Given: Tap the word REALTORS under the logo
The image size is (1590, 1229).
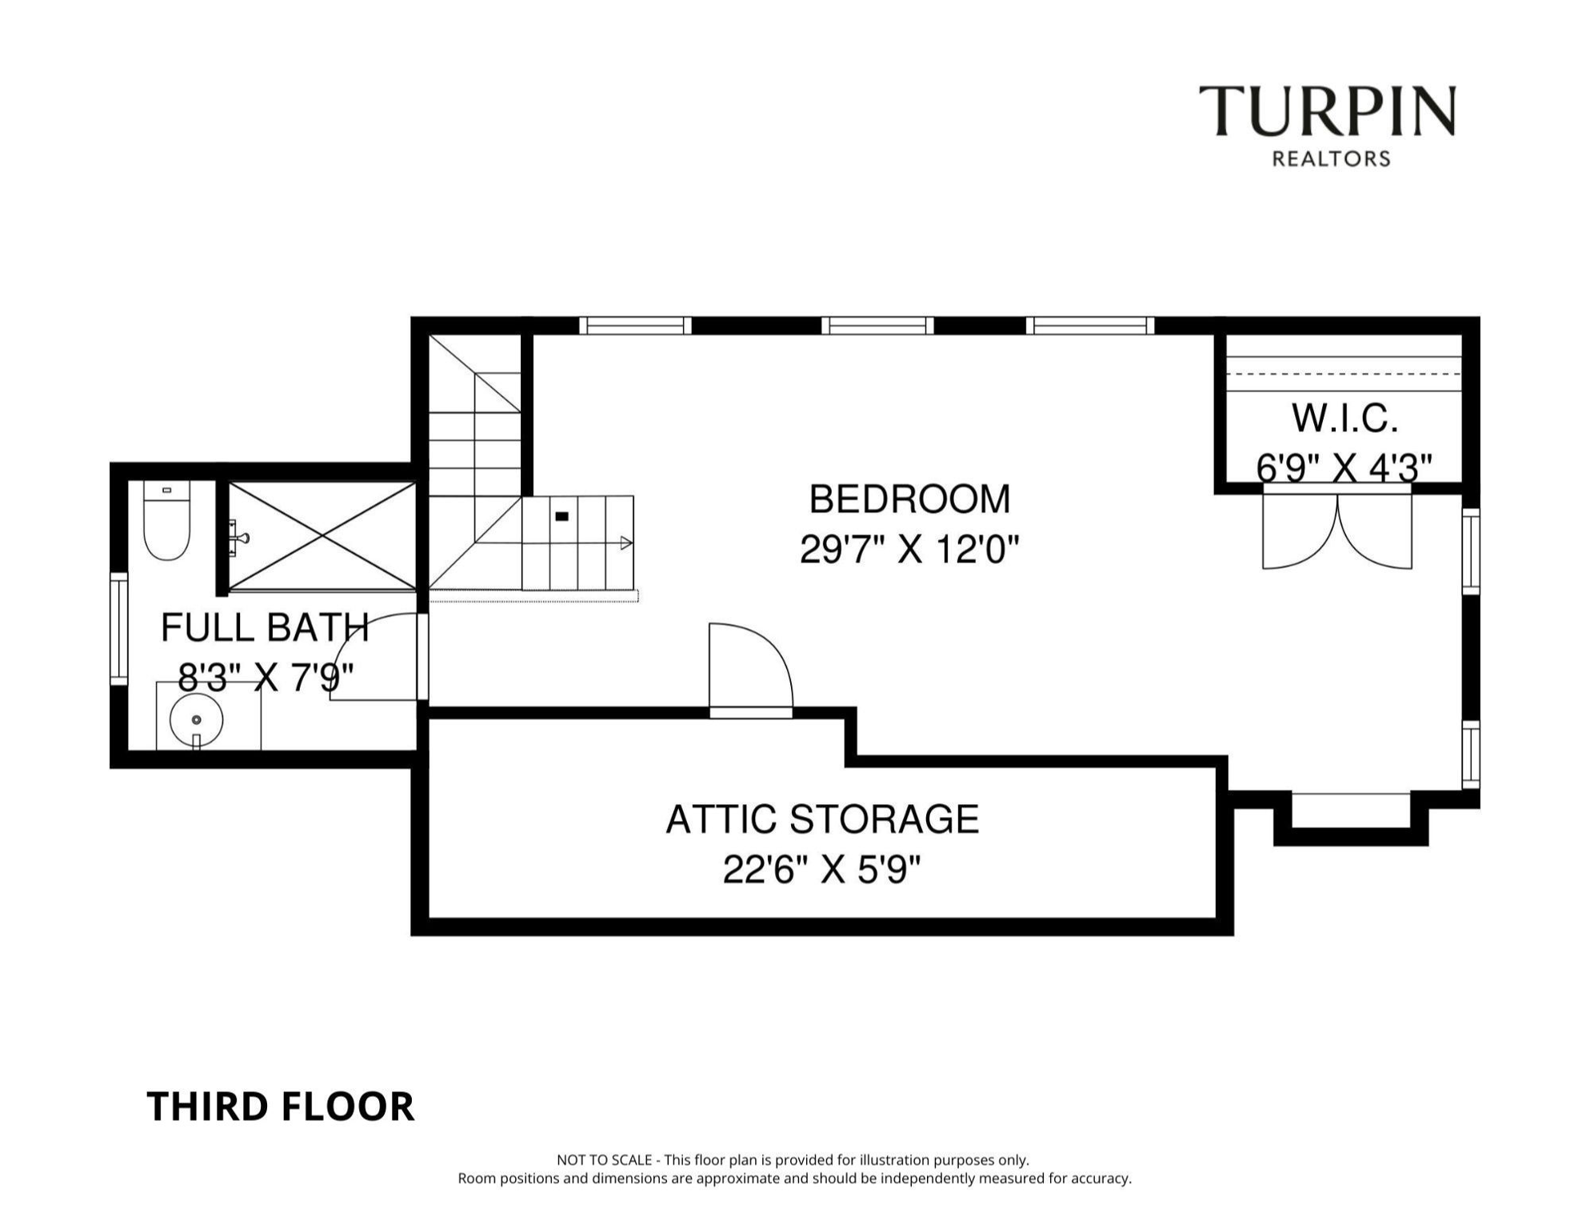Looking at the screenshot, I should pyautogui.click(x=1331, y=159).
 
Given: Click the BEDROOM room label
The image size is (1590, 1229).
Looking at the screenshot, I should pyautogui.click(x=909, y=499).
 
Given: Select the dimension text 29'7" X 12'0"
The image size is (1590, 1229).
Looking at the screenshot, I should pyautogui.click(x=909, y=550).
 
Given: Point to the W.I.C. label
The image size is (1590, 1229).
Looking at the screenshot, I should pyautogui.click(x=1344, y=418).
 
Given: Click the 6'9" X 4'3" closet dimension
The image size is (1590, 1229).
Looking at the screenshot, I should pyautogui.click(x=1344, y=467).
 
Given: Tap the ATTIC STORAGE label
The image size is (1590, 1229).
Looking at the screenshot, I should pyautogui.click(x=822, y=819).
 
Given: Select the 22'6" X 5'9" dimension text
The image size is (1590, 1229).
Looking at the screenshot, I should pyautogui.click(x=822, y=870).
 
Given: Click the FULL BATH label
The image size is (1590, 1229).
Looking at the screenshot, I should pyautogui.click(x=265, y=627).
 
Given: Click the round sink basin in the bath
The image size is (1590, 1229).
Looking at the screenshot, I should pyautogui.click(x=196, y=719).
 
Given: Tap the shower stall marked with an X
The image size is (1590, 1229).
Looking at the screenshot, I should pyautogui.click(x=322, y=536).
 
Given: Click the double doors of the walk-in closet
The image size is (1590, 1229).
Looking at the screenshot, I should pyautogui.click(x=1337, y=532).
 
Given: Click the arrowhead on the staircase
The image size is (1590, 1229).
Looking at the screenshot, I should pyautogui.click(x=626, y=543).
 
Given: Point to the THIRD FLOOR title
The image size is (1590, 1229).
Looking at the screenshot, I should pyautogui.click(x=281, y=1107).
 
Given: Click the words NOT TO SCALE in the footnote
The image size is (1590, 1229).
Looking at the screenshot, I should pyautogui.click(x=604, y=1159).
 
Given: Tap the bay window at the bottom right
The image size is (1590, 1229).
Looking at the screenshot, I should pyautogui.click(x=1350, y=810).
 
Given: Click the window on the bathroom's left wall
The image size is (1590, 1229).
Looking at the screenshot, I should pyautogui.click(x=118, y=629).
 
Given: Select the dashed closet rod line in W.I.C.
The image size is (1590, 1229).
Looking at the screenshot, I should pyautogui.click(x=1344, y=374).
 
